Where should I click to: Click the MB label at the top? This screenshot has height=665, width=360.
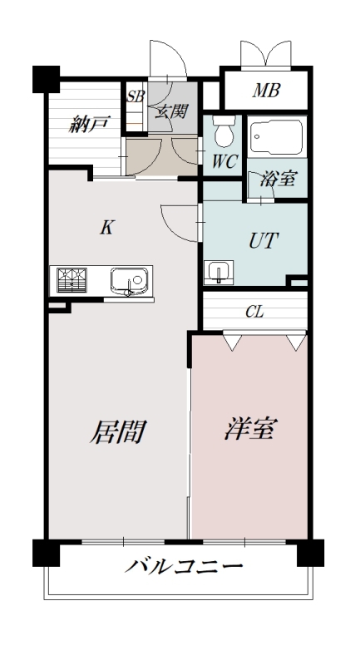265,91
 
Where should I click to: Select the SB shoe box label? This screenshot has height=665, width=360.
135,96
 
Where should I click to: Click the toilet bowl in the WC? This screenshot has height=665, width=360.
223,132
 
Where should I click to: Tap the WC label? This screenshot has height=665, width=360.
224,161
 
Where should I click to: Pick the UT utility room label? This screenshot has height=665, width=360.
264,241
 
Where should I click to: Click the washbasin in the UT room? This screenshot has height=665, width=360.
219,271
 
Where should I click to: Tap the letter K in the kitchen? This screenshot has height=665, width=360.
106,228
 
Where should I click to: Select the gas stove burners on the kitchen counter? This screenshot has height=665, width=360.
72,279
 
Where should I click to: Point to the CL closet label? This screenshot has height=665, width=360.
254,313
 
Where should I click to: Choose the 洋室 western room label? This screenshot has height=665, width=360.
250,430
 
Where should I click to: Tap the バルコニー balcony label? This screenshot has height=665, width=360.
185,569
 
